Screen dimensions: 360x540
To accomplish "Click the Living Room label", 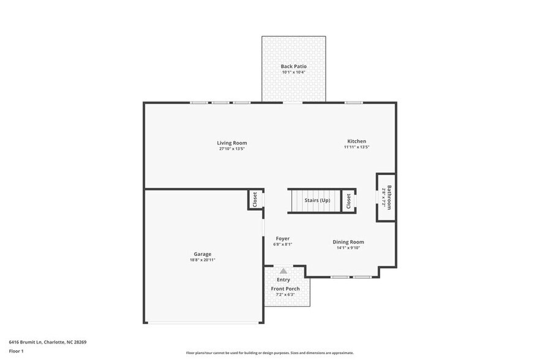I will coord(231,143).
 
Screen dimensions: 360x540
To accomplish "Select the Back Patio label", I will coord(293,66).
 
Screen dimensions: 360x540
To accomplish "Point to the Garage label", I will coord(202,254).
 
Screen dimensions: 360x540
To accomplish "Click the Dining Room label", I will coord(348,242).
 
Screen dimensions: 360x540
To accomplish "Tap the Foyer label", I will coord(282,239).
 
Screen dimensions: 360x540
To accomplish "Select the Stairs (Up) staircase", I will coord(313,201).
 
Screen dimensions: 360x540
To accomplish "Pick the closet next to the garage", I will coord(255,200).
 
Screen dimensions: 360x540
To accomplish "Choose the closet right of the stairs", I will coord(348,200).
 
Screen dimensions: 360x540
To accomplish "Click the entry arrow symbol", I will coord(283,271).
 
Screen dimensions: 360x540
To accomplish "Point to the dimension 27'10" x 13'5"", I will coord(231,149).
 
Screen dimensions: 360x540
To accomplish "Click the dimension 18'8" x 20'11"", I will coord(202,260).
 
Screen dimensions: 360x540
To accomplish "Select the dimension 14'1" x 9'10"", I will coord(348,248).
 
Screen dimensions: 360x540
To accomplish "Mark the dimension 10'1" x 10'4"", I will coord(293,72).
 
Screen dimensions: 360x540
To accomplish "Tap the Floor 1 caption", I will coord(16,351).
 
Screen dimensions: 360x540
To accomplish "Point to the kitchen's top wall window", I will coord(353,102).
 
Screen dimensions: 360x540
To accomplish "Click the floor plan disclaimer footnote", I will coord(269,353).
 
